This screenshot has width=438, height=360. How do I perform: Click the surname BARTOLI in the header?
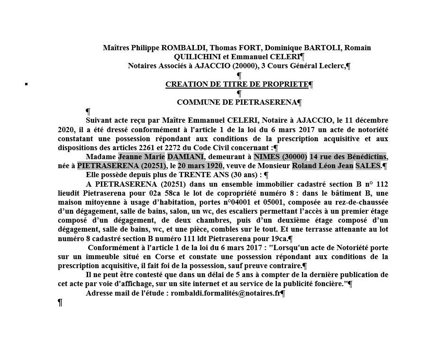[x=321, y=48]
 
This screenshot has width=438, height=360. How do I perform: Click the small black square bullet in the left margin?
[x=26, y=84]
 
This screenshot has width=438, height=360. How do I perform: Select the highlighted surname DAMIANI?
[x=185, y=157]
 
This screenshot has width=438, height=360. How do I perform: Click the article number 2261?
[x=147, y=148]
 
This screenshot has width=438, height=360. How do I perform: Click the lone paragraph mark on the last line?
[x=60, y=303]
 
